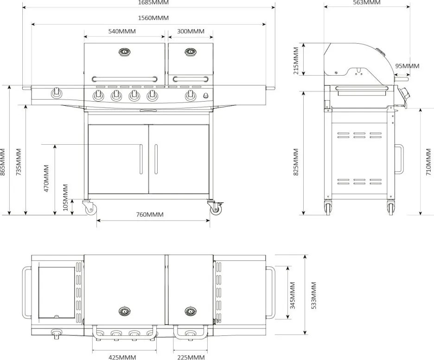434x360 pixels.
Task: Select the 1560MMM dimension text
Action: click(x=153, y=18)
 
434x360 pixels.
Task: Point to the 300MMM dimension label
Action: click(x=191, y=32)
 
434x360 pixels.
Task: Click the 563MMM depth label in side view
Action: click(x=366, y=3)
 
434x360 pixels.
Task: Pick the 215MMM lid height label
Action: click(x=296, y=60)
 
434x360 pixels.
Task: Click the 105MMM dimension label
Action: click(x=65, y=197)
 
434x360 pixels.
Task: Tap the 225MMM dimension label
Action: click(x=191, y=357)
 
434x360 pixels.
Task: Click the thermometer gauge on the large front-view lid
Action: click(x=124, y=52)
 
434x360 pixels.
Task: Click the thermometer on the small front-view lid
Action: click(x=190, y=52)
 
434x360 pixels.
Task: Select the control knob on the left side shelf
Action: click(x=57, y=93)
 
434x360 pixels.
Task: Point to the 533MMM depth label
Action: click(x=314, y=295)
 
